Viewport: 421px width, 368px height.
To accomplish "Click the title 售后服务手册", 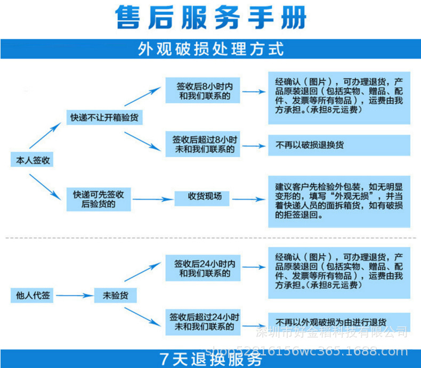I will point(211,18).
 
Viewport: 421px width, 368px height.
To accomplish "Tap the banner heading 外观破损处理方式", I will point(211,50).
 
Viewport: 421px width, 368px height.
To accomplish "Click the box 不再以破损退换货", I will point(339,145).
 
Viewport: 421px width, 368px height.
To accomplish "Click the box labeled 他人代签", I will point(33,295).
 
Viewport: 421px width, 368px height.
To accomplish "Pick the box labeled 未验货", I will point(115,295).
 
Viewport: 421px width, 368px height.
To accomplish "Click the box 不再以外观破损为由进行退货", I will point(339,322).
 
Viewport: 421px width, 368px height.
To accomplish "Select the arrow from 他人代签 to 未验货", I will point(74,295).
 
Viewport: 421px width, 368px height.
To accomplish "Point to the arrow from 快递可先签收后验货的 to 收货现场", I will point(152,200).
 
